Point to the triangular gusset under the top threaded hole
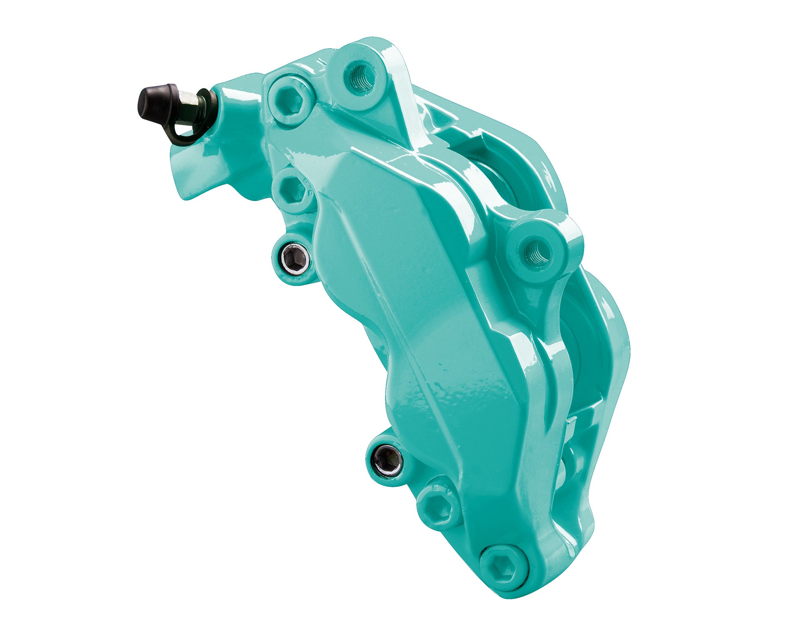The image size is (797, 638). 393,120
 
